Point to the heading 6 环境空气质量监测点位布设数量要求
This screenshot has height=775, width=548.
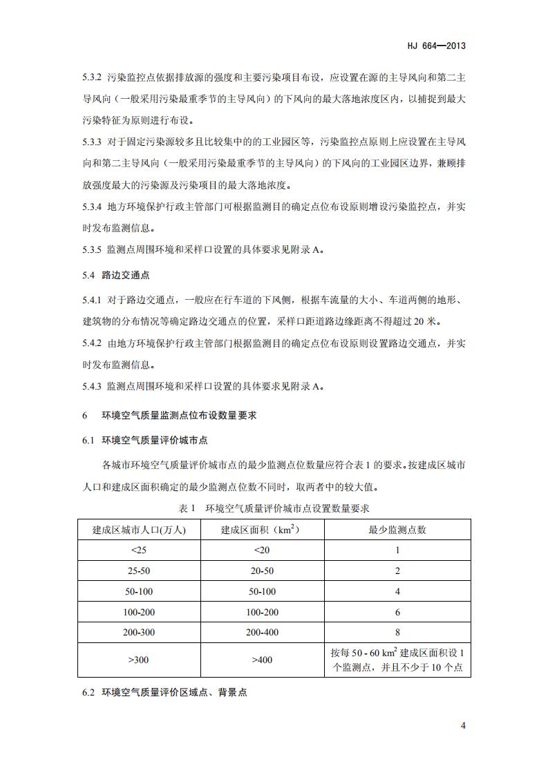click(169, 415)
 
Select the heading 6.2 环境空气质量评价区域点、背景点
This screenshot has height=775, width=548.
click(164, 691)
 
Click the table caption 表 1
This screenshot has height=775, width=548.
click(188, 508)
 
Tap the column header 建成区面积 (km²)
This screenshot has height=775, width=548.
click(262, 530)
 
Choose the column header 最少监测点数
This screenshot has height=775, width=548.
click(397, 530)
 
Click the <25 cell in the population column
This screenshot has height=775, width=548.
click(139, 551)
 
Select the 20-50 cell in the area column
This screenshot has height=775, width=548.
click(262, 571)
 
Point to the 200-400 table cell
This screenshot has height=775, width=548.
click(262, 632)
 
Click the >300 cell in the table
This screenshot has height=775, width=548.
click(139, 660)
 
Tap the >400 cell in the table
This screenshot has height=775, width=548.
click(262, 660)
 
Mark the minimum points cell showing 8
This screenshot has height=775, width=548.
click(397, 632)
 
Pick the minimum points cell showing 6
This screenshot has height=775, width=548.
click(397, 612)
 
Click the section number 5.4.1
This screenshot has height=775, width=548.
click(91, 300)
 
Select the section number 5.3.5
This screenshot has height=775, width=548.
click(91, 250)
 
